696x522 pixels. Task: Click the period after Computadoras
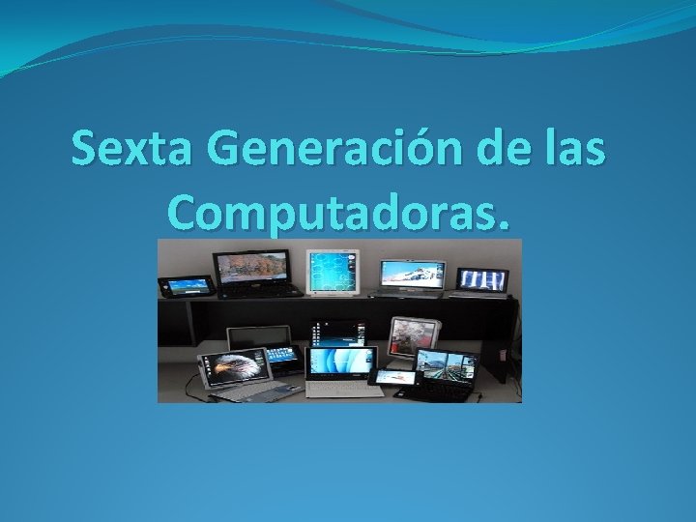[x=500, y=224]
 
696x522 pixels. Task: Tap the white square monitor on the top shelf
[x=332, y=271]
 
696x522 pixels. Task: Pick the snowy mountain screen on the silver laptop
[x=410, y=274]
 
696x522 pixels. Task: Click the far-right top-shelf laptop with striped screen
[x=482, y=280]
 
